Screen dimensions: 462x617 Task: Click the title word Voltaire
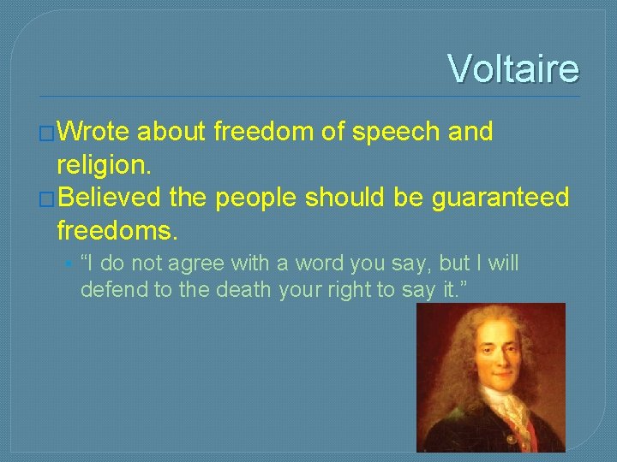point(512,68)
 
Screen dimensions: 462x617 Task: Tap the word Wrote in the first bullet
point(93,133)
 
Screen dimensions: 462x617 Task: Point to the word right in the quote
point(347,289)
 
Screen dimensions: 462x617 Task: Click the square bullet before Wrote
point(46,133)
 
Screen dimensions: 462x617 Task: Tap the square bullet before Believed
point(46,198)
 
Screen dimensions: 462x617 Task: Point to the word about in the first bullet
point(171,133)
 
